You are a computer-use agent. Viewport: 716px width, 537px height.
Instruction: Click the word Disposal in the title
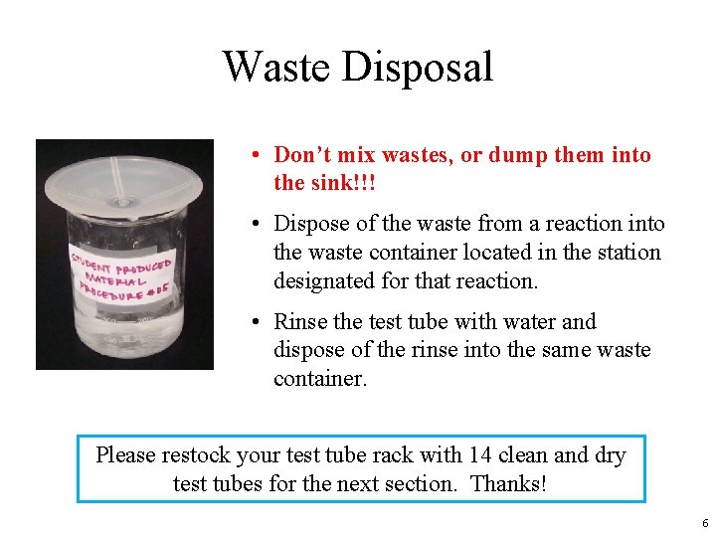pyautogui.click(x=417, y=68)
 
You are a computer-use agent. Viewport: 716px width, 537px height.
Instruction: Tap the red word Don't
pyautogui.click(x=303, y=155)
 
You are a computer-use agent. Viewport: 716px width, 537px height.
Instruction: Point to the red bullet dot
pyautogui.click(x=257, y=156)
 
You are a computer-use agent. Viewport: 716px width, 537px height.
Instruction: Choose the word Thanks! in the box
pyautogui.click(x=508, y=484)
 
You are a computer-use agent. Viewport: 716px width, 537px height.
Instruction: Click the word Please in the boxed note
pyautogui.click(x=126, y=455)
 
